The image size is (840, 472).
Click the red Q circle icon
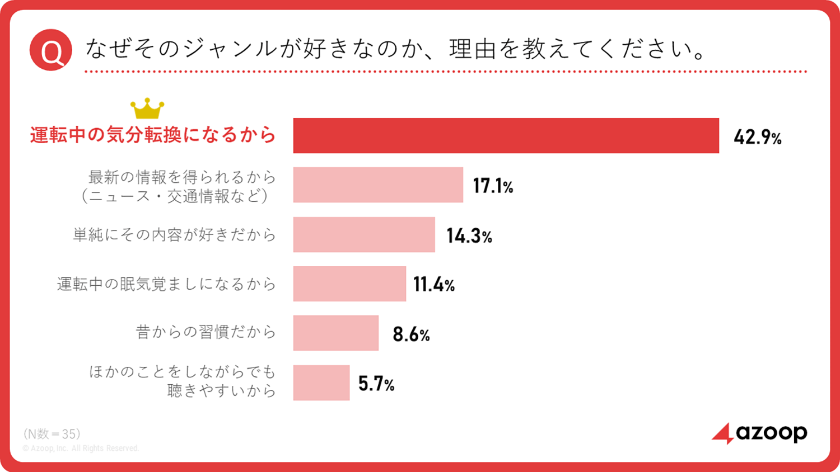[x=51, y=50]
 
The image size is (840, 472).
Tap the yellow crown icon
[x=147, y=108]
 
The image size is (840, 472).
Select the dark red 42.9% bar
[x=506, y=135]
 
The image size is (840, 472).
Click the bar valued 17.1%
[x=378, y=185]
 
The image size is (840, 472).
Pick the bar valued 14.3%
[x=364, y=234]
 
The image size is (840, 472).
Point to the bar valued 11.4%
[x=349, y=284]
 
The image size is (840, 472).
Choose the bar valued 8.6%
[x=336, y=333]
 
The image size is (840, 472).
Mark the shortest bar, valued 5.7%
[x=321, y=383]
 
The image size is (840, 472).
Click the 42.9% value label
[x=757, y=137]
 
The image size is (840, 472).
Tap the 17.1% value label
[x=493, y=186]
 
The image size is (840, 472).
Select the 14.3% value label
[x=469, y=236]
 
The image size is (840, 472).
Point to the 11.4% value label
[x=434, y=285]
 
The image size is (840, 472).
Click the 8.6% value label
[x=411, y=334]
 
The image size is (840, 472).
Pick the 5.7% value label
[x=376, y=384]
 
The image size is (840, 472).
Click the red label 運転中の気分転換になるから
[x=153, y=135]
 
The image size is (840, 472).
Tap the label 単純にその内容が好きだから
[x=175, y=235]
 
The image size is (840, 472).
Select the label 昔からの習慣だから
[x=206, y=332]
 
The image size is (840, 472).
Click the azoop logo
[x=759, y=433]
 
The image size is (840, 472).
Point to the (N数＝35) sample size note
[x=52, y=434]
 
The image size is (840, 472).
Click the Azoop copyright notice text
[x=81, y=449]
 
